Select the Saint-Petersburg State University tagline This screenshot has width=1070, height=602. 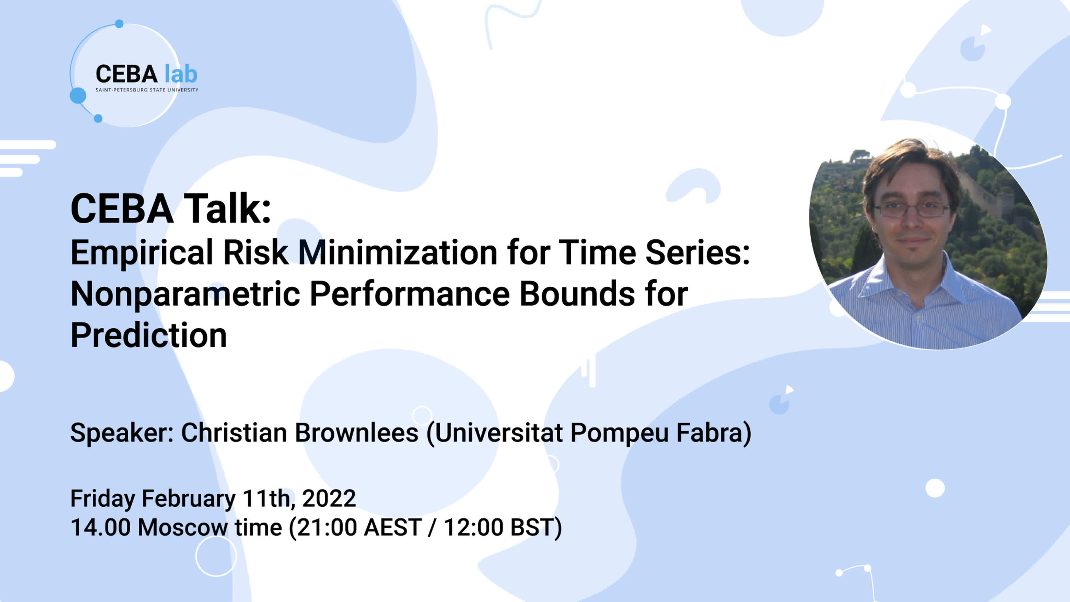[x=147, y=90]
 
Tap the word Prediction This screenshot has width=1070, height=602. [x=149, y=335]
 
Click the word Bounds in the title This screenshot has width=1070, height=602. [x=577, y=294]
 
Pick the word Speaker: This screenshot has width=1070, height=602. [x=122, y=433]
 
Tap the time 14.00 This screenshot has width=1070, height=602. [x=101, y=527]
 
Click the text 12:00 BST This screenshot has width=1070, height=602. [x=498, y=527]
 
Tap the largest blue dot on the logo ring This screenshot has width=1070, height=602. [x=78, y=96]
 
